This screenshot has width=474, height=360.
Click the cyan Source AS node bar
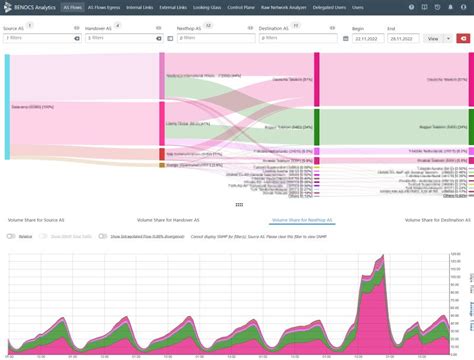point(7,105)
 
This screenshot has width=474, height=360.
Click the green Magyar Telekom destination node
point(317,128)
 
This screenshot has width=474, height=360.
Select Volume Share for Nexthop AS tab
point(303,218)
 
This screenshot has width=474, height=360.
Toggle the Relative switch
point(11,236)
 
